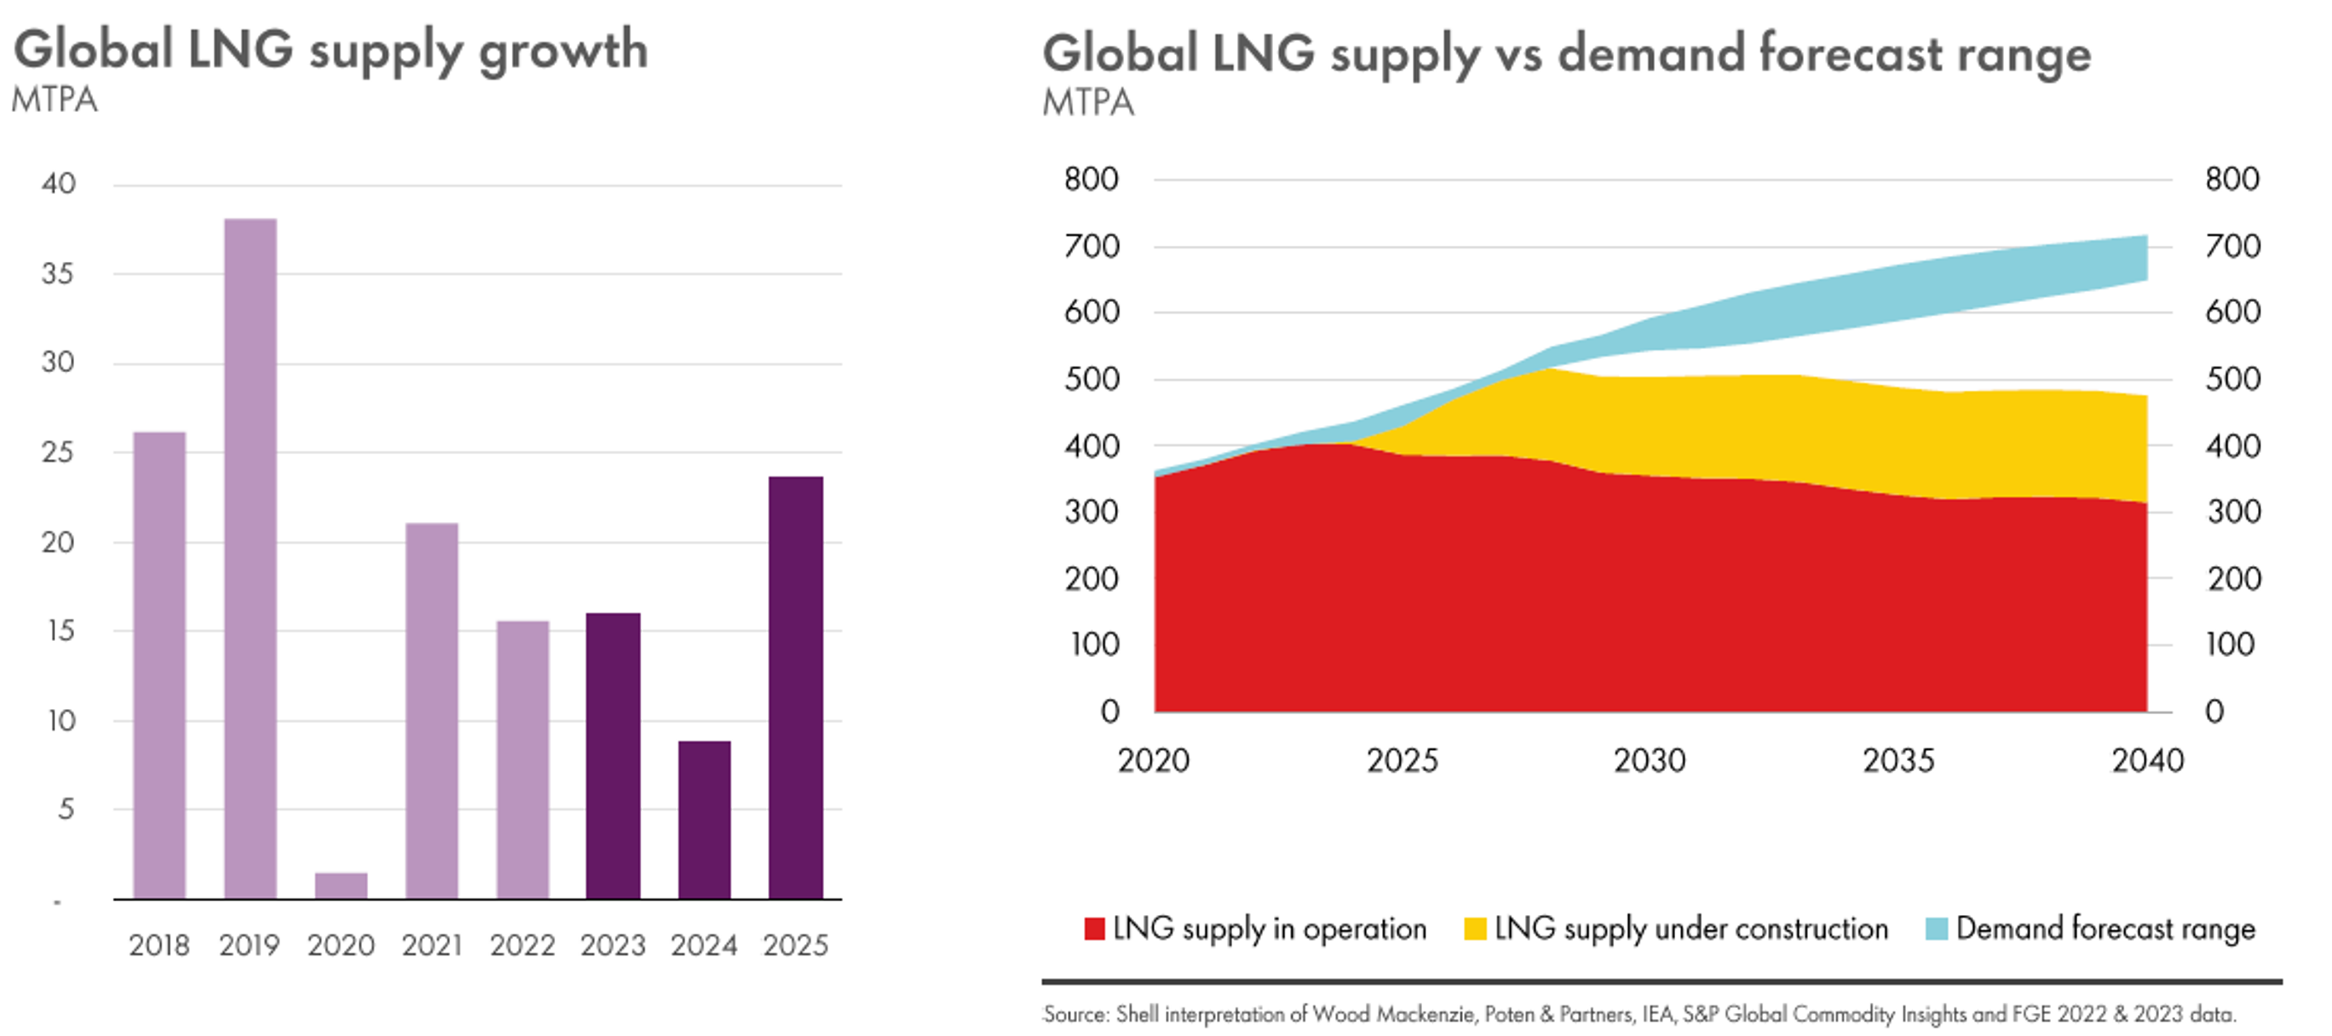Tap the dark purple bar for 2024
click(x=704, y=819)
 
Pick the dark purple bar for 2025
click(x=796, y=687)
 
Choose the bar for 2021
click(x=432, y=710)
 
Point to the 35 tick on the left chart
click(x=58, y=273)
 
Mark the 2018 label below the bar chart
click(x=159, y=946)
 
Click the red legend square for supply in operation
click(x=1094, y=929)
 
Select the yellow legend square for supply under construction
click(x=1474, y=929)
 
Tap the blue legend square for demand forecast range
click(x=1937, y=929)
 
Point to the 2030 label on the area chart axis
click(x=1650, y=760)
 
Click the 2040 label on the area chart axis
click(x=2147, y=760)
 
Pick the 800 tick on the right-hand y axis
click(x=2232, y=179)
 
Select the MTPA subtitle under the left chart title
click(x=54, y=100)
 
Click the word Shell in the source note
click(x=1137, y=1014)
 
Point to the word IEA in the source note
click(x=1657, y=1014)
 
